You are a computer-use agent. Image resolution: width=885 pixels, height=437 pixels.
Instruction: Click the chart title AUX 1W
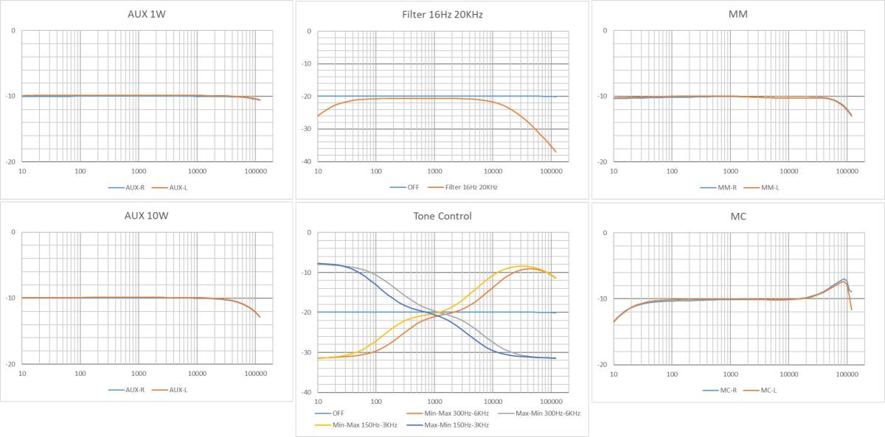coord(146,15)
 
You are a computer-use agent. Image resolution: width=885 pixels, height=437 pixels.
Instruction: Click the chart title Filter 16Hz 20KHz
coord(442,15)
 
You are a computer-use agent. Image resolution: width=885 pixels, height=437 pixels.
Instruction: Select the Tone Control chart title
coord(442,216)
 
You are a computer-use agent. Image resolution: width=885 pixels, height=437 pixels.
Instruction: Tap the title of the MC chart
coord(737,216)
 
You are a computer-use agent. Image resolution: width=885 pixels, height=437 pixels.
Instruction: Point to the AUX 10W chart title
coord(146,216)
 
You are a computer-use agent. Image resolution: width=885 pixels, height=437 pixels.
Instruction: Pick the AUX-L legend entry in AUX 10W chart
coord(177,389)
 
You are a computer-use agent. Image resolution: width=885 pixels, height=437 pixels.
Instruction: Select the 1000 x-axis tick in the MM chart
coord(730,170)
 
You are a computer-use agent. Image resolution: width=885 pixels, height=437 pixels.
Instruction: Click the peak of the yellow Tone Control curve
coord(521,265)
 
